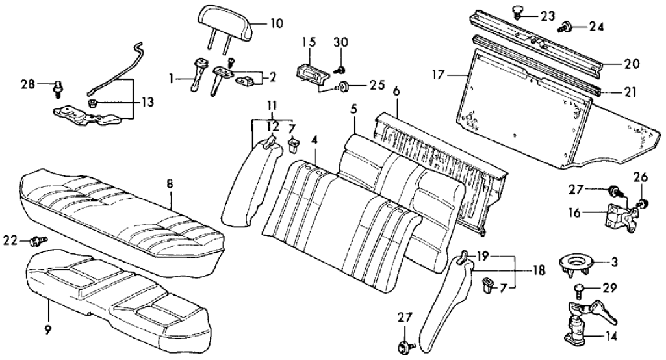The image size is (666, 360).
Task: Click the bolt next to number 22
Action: pyautogui.click(x=38, y=241)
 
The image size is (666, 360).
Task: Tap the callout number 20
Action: pyautogui.click(x=632, y=64)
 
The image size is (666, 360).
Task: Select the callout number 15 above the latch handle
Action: pyautogui.click(x=308, y=42)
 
